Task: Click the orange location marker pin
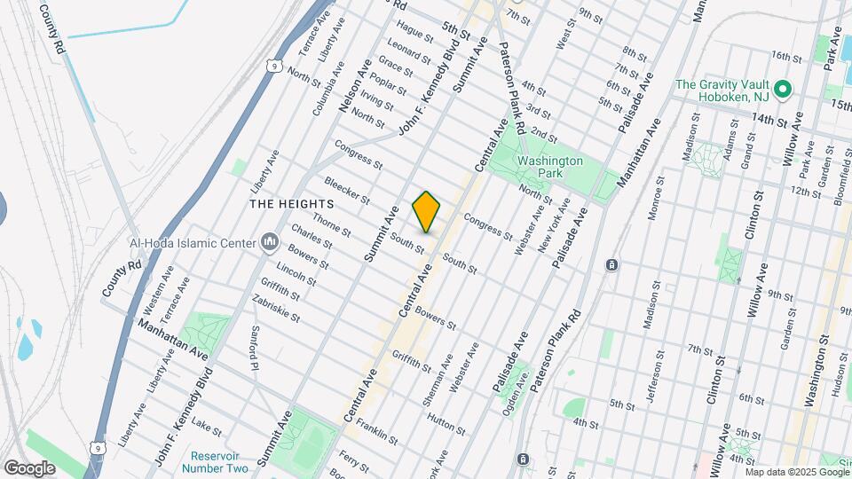(x=426, y=211)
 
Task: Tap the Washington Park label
(x=550, y=168)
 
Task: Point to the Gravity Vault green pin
(x=783, y=90)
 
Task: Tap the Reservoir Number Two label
(x=217, y=461)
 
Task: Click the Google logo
(x=29, y=467)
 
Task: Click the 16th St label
(x=786, y=56)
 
